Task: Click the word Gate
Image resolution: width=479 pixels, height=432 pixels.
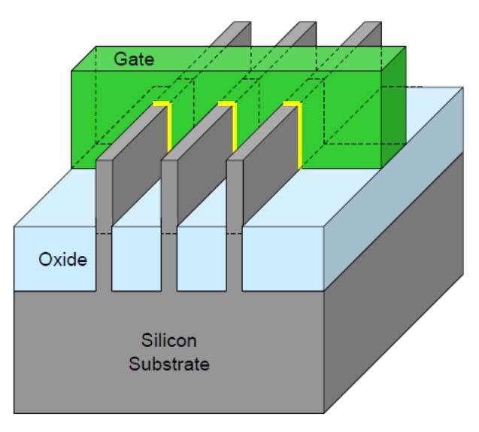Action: pyautogui.click(x=134, y=59)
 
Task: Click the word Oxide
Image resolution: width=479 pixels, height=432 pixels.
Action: pyautogui.click(x=62, y=260)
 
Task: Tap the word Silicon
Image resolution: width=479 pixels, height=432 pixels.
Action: pyautogui.click(x=169, y=340)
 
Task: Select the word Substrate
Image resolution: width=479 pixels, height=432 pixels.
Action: pyautogui.click(x=169, y=364)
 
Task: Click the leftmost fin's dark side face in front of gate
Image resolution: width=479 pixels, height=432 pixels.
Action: pyautogui.click(x=139, y=165)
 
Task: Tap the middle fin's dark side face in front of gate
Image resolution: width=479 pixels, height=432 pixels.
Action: pyautogui.click(x=205, y=165)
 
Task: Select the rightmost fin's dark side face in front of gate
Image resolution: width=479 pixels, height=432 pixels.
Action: pyautogui.click(x=270, y=165)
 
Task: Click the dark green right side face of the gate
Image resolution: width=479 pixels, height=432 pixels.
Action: pyautogui.click(x=394, y=107)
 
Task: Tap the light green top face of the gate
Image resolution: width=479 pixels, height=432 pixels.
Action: pyautogui.click(x=238, y=59)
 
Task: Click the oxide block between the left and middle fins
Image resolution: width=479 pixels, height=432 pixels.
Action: pyautogui.click(x=137, y=259)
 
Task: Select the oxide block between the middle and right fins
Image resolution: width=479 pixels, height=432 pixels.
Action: pyautogui.click(x=202, y=259)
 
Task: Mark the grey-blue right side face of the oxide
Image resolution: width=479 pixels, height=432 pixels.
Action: pyautogui.click(x=393, y=189)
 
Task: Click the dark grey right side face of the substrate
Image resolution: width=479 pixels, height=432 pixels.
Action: pyautogui.click(x=393, y=283)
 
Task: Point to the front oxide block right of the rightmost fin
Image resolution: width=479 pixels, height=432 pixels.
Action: pyautogui.click(x=283, y=259)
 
